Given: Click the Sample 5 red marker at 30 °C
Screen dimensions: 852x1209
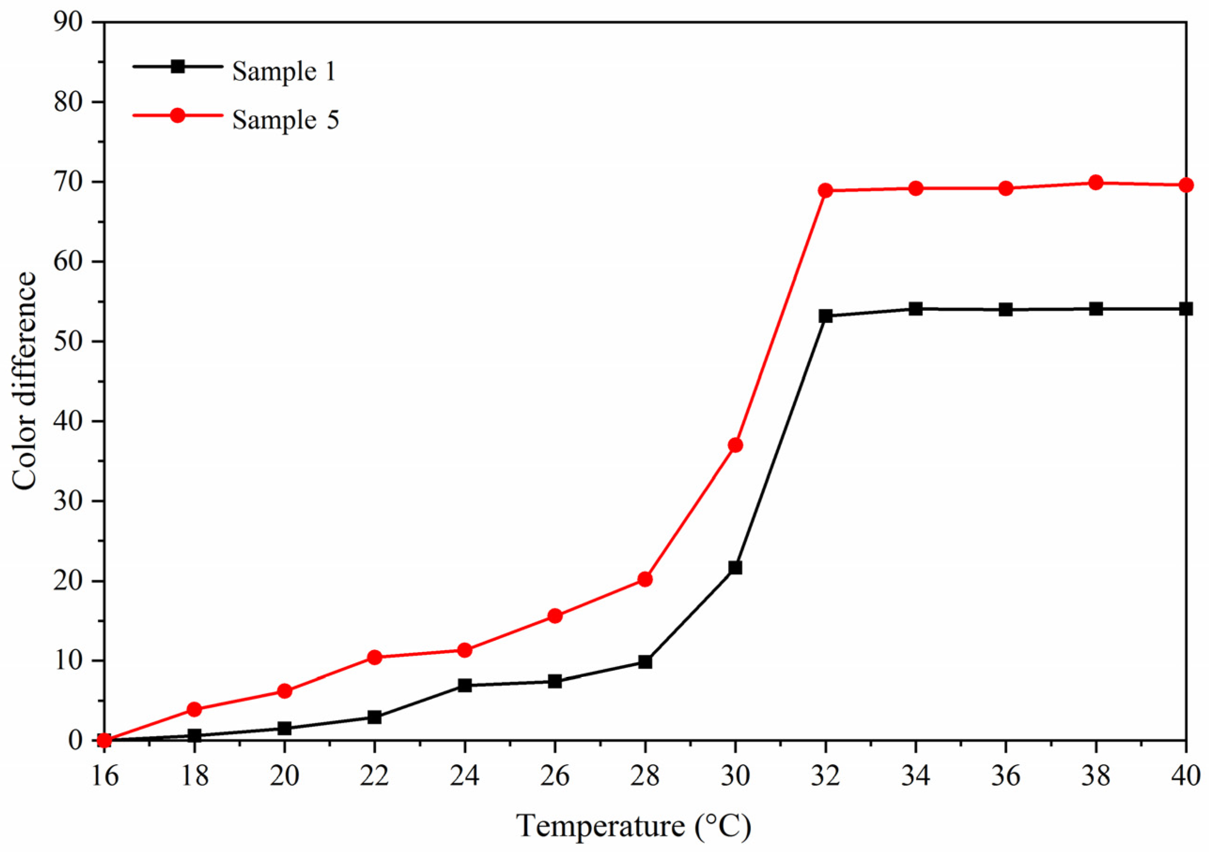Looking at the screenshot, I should coord(735,445).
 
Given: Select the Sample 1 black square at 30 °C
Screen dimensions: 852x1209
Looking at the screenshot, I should coord(735,568).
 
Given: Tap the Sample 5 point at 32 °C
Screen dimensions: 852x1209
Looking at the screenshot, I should coord(826,191).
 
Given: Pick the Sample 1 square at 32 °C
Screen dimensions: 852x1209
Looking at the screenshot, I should coord(826,316).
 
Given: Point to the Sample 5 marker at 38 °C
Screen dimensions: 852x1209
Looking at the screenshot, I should coord(1096,183).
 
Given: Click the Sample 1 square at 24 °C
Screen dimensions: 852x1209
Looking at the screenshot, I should coord(465,685).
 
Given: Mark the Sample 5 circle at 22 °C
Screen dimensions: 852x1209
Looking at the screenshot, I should coord(374,657).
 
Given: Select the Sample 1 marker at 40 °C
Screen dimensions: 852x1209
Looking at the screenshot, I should coord(1186,309).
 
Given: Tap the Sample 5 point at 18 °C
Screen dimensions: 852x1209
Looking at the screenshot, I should coord(194,709).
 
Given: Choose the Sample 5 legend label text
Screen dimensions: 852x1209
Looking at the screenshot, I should coord(286,120).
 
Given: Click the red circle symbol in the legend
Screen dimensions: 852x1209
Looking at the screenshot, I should coord(178,115).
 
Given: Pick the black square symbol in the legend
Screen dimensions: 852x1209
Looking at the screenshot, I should coord(178,67).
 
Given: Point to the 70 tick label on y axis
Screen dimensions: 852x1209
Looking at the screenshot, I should coord(69,182).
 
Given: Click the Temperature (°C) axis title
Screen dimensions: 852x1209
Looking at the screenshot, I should coord(634,825).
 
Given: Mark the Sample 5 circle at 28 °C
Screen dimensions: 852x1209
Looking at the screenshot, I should coord(645,579).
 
